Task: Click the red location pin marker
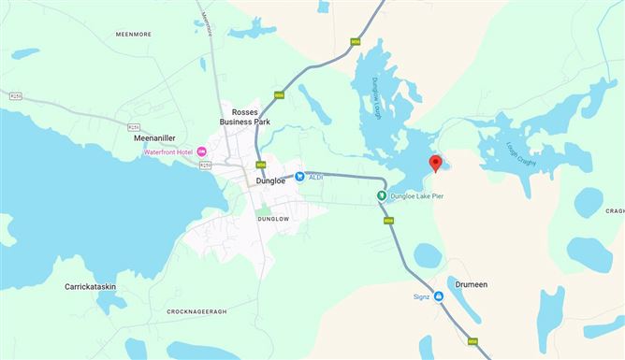pos(435,164)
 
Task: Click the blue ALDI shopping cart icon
pos(299,176)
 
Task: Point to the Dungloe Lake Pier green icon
pos(381,196)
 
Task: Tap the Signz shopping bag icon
pos(438,296)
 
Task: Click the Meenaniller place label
pos(155,137)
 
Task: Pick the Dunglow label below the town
pos(274,218)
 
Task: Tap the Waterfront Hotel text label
pos(167,152)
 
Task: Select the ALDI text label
pos(317,176)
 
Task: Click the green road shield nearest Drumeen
pos(472,341)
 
